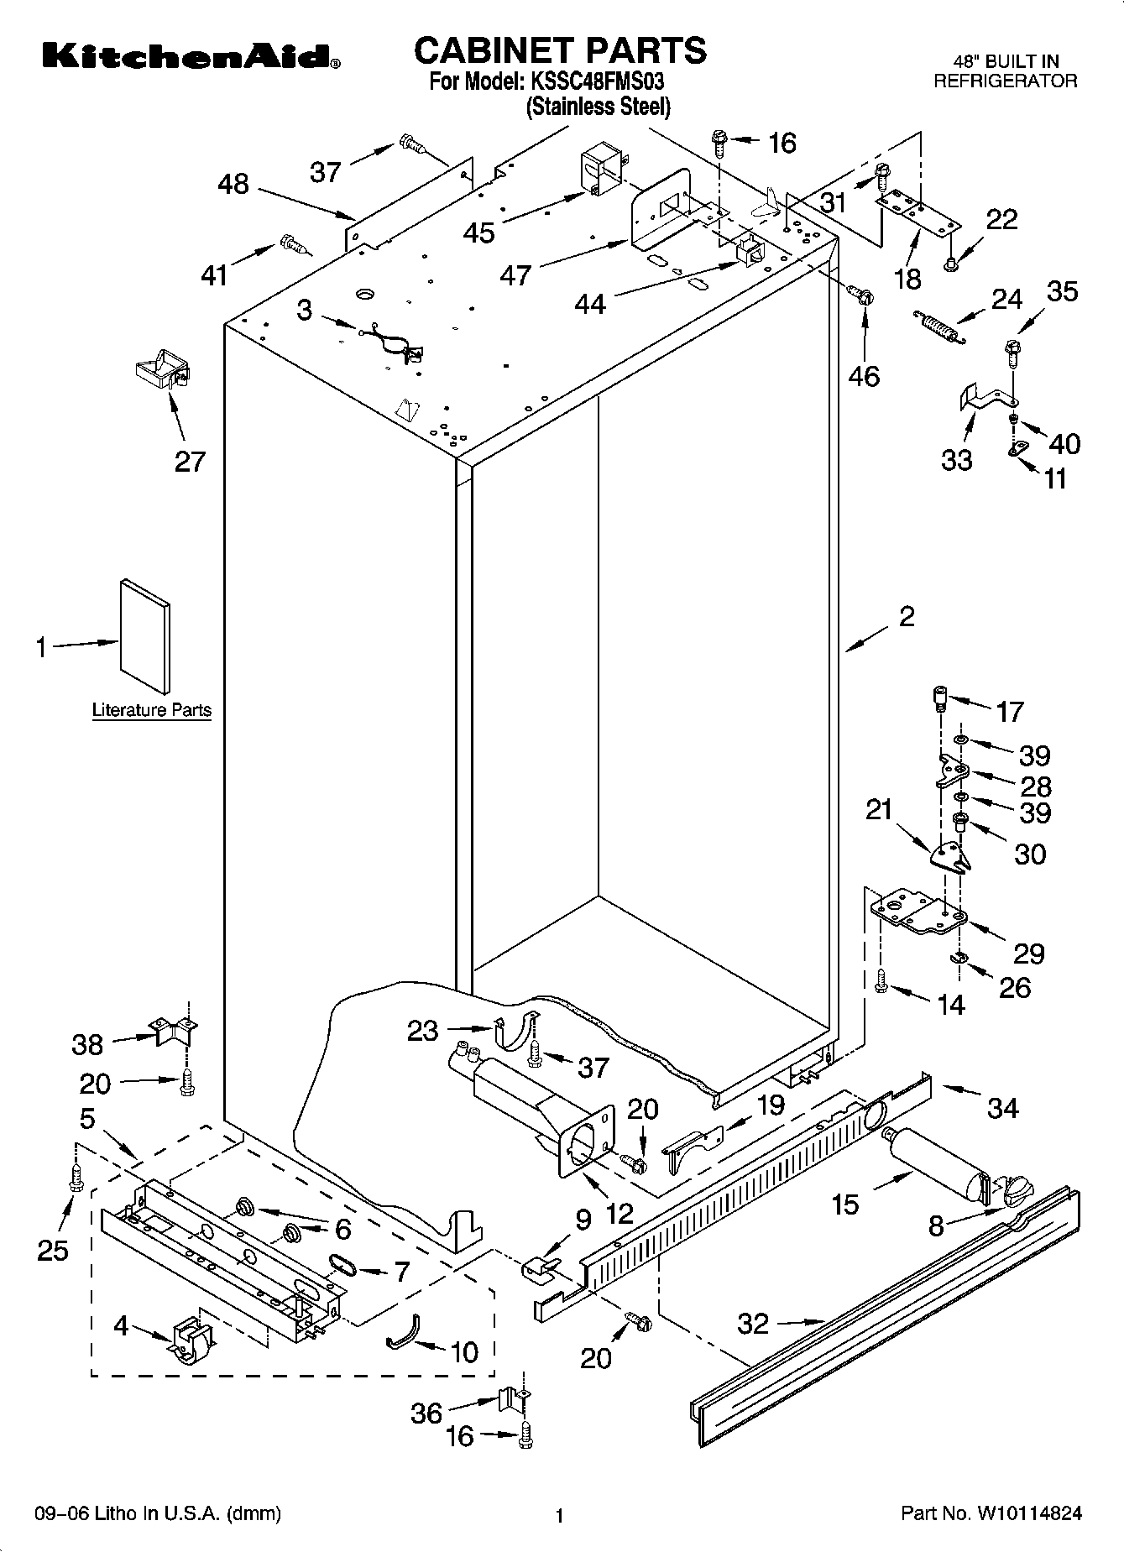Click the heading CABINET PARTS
click(x=560, y=50)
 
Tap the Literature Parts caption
click(x=151, y=710)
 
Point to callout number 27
click(x=190, y=461)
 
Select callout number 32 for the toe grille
click(x=753, y=1324)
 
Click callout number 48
click(x=233, y=184)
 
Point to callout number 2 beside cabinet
click(x=907, y=617)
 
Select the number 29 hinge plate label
click(x=1028, y=954)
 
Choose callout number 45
click(x=479, y=232)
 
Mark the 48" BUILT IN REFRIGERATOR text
click(x=1005, y=71)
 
